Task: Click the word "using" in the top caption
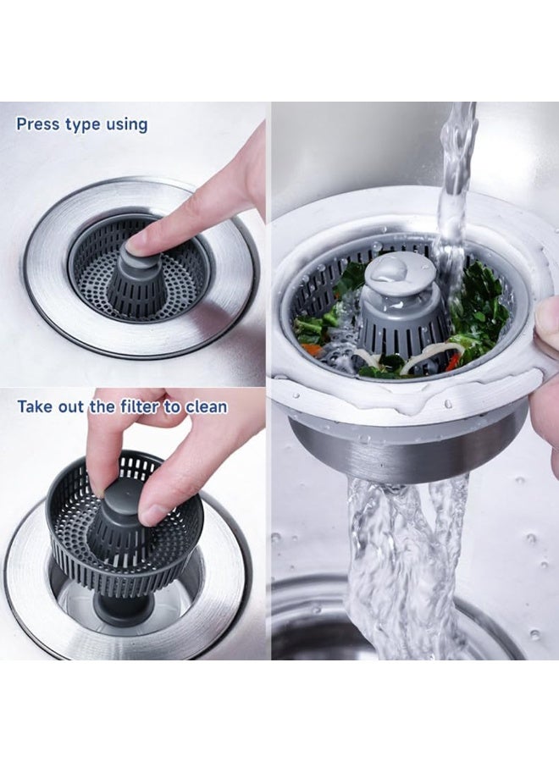click(x=126, y=125)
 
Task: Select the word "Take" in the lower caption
click(x=36, y=406)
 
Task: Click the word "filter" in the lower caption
click(x=137, y=406)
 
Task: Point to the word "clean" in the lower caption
click(x=206, y=406)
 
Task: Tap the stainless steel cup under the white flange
click(x=407, y=449)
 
